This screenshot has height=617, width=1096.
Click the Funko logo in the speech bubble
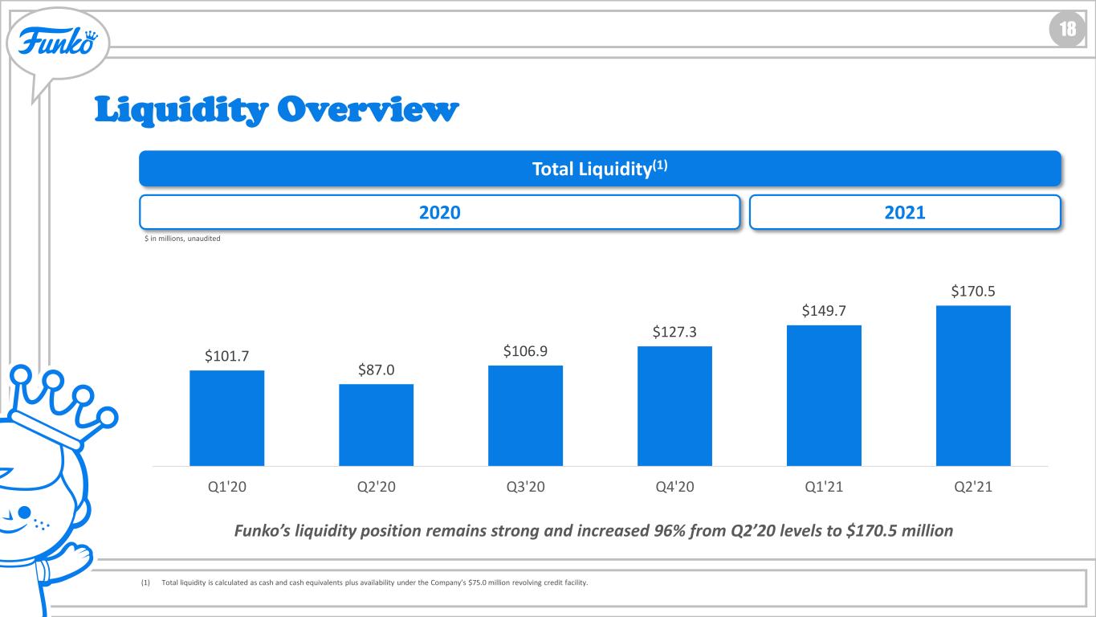[58, 41]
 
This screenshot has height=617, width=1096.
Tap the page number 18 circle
[1067, 30]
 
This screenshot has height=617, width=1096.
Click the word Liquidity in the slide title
[181, 110]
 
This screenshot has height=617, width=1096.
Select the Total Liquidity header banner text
[599, 169]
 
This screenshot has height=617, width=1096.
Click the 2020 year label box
[439, 212]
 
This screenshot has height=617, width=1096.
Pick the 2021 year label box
[905, 212]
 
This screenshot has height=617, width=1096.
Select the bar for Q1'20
[227, 419]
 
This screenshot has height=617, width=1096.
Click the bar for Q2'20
[377, 425]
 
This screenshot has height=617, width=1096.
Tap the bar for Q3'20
[525, 415]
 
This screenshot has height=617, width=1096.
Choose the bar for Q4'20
[674, 406]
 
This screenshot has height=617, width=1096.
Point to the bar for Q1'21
[824, 395]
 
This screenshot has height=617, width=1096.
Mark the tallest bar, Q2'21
[973, 386]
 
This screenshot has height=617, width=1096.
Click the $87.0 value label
[377, 370]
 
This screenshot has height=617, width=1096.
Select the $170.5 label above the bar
[972, 292]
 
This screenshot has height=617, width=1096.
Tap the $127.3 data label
[674, 332]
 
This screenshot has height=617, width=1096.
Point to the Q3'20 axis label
[525, 487]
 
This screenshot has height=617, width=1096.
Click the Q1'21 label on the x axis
[824, 487]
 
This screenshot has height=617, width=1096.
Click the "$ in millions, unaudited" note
[182, 239]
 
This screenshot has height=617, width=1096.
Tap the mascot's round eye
[24, 513]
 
